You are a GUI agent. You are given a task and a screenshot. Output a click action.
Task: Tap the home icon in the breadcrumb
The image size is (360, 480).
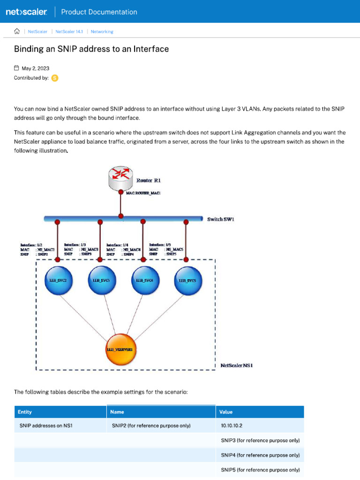click(17, 31)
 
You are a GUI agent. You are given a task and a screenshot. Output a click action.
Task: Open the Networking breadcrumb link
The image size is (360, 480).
click(102, 31)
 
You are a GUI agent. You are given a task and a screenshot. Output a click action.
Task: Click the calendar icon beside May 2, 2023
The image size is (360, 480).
click(17, 68)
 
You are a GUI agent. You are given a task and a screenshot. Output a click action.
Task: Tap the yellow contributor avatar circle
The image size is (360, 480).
click(55, 78)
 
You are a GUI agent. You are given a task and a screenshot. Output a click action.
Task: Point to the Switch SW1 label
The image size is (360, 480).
click(221, 219)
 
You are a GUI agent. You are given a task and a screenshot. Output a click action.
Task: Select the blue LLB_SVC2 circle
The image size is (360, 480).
click(57, 281)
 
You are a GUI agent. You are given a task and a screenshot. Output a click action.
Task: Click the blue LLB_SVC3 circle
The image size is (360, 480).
click(100, 281)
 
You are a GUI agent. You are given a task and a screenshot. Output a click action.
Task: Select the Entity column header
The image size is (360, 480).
click(25, 412)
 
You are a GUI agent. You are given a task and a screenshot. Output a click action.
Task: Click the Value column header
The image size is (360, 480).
click(225, 412)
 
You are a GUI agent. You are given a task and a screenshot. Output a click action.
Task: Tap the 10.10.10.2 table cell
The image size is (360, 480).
click(232, 426)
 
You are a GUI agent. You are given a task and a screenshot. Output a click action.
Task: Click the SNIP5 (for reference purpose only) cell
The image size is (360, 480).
click(260, 469)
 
